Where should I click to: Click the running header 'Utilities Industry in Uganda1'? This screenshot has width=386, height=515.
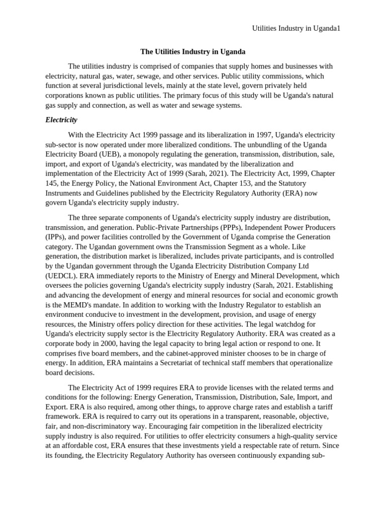[296, 29]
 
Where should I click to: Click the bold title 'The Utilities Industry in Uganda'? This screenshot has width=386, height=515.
[192, 52]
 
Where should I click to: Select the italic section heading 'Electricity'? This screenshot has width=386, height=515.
[61, 120]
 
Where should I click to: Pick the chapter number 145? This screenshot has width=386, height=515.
[52, 183]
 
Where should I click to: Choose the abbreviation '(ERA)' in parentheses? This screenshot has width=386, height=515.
[299, 193]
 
